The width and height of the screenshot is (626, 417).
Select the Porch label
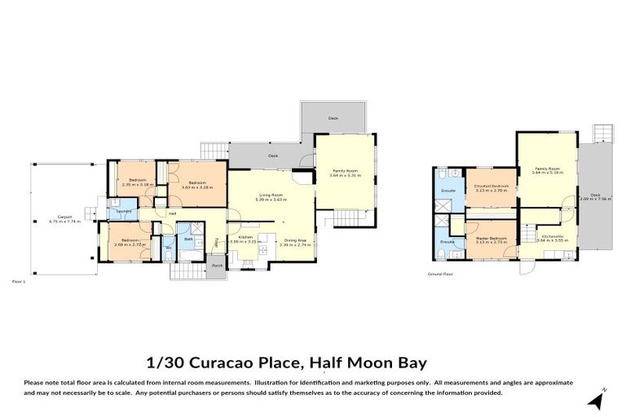(217, 266)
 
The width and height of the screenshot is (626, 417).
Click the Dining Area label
(295, 239)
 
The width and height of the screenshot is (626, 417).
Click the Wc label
(168, 248)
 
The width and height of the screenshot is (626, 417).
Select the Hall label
(173, 214)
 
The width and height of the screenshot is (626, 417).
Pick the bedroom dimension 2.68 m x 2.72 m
(130, 244)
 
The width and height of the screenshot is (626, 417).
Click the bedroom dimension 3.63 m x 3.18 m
(196, 187)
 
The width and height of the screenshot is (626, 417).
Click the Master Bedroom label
(492, 238)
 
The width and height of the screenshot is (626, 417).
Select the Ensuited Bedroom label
(491, 186)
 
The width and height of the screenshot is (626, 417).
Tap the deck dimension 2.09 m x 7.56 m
(595, 199)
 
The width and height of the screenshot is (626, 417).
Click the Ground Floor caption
(440, 274)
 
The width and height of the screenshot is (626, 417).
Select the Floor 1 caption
(20, 280)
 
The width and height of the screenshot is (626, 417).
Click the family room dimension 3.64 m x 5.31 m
(345, 176)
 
